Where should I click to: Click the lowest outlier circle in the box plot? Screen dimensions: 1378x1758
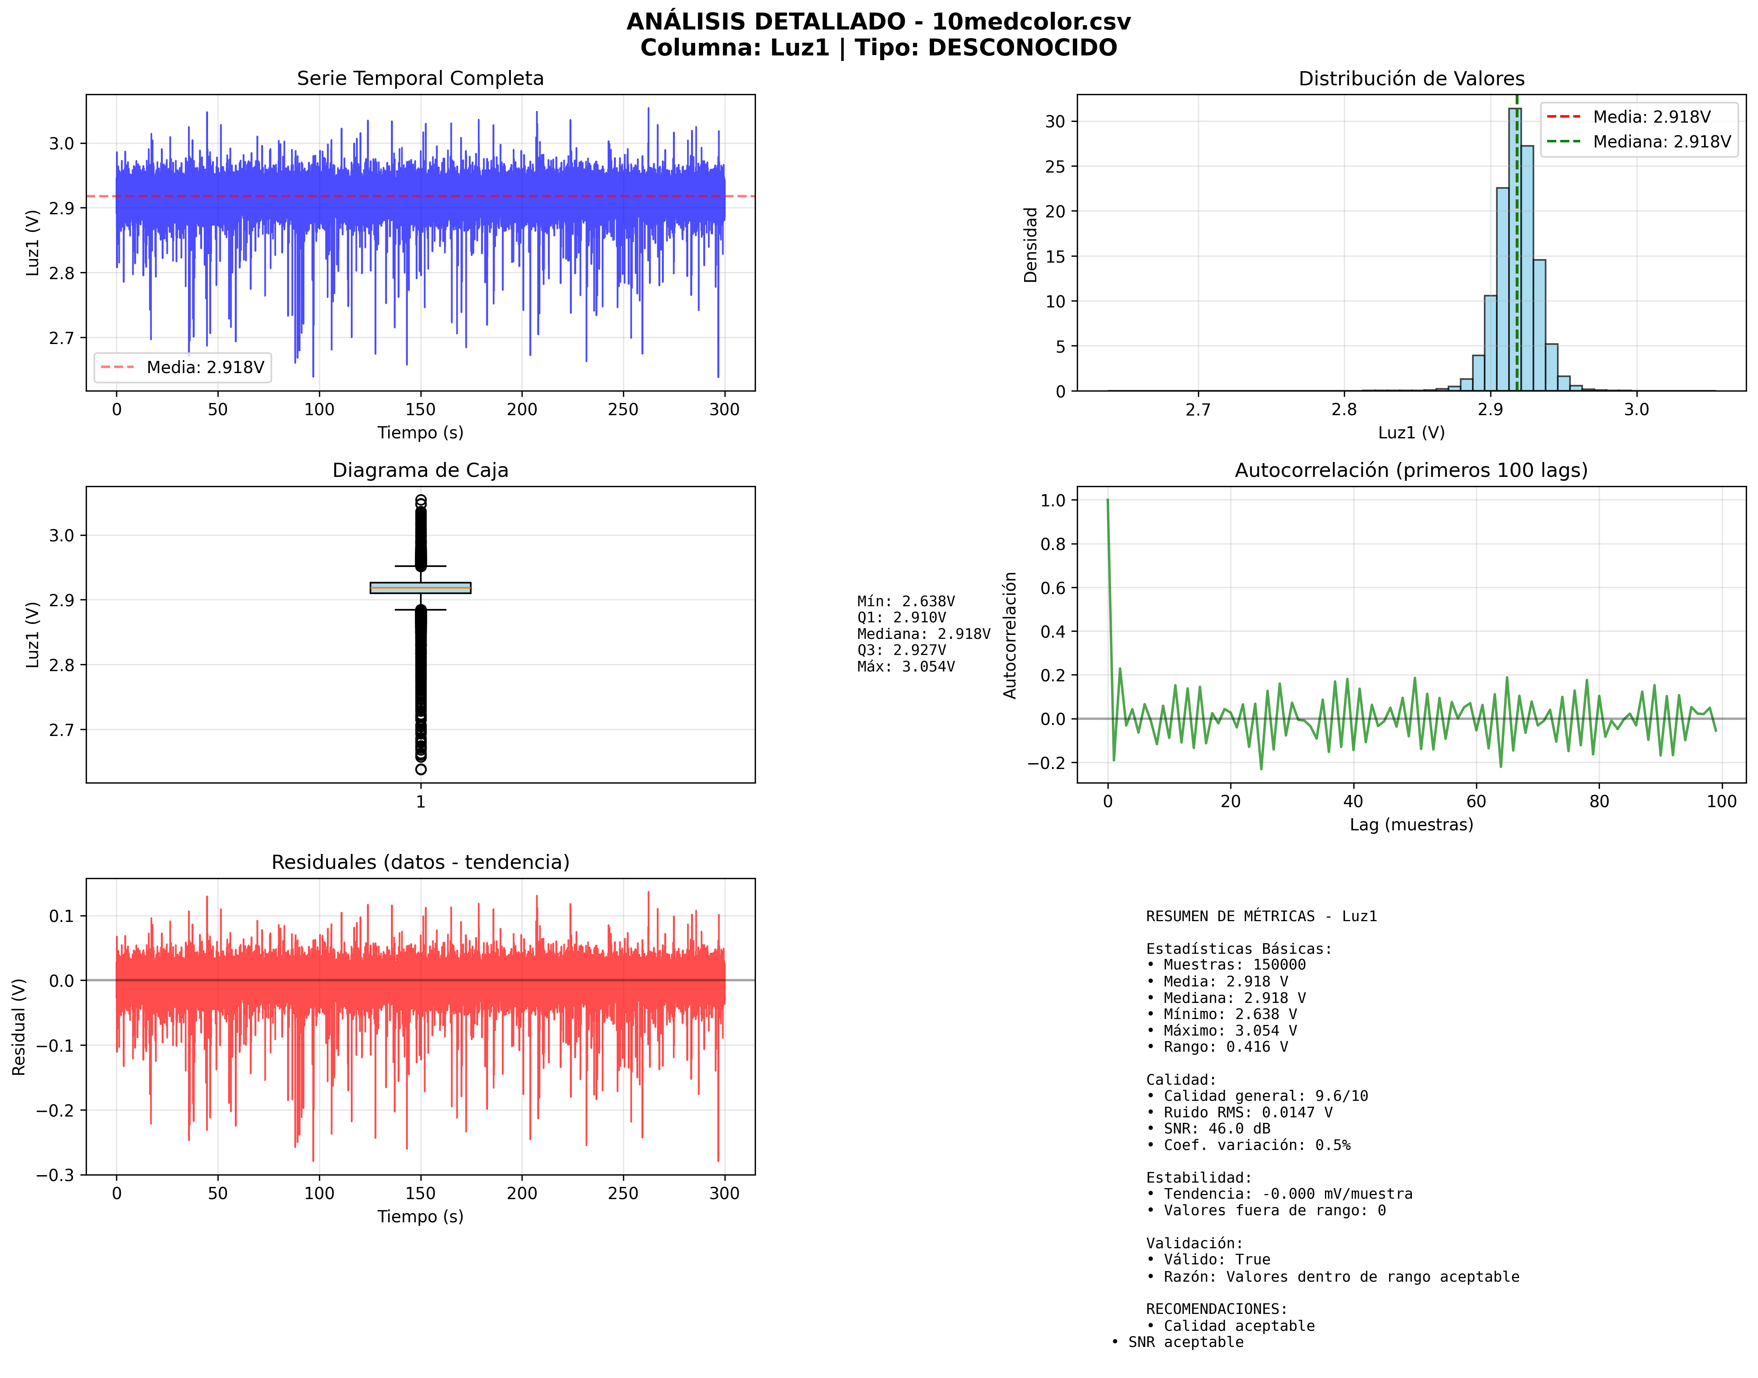point(420,769)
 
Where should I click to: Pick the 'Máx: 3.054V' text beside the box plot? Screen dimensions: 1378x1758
point(906,666)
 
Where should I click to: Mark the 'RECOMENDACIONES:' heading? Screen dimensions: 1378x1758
point(1216,1309)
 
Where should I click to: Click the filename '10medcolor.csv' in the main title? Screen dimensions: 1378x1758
point(1031,22)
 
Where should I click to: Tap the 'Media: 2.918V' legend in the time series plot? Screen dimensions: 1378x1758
point(182,368)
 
